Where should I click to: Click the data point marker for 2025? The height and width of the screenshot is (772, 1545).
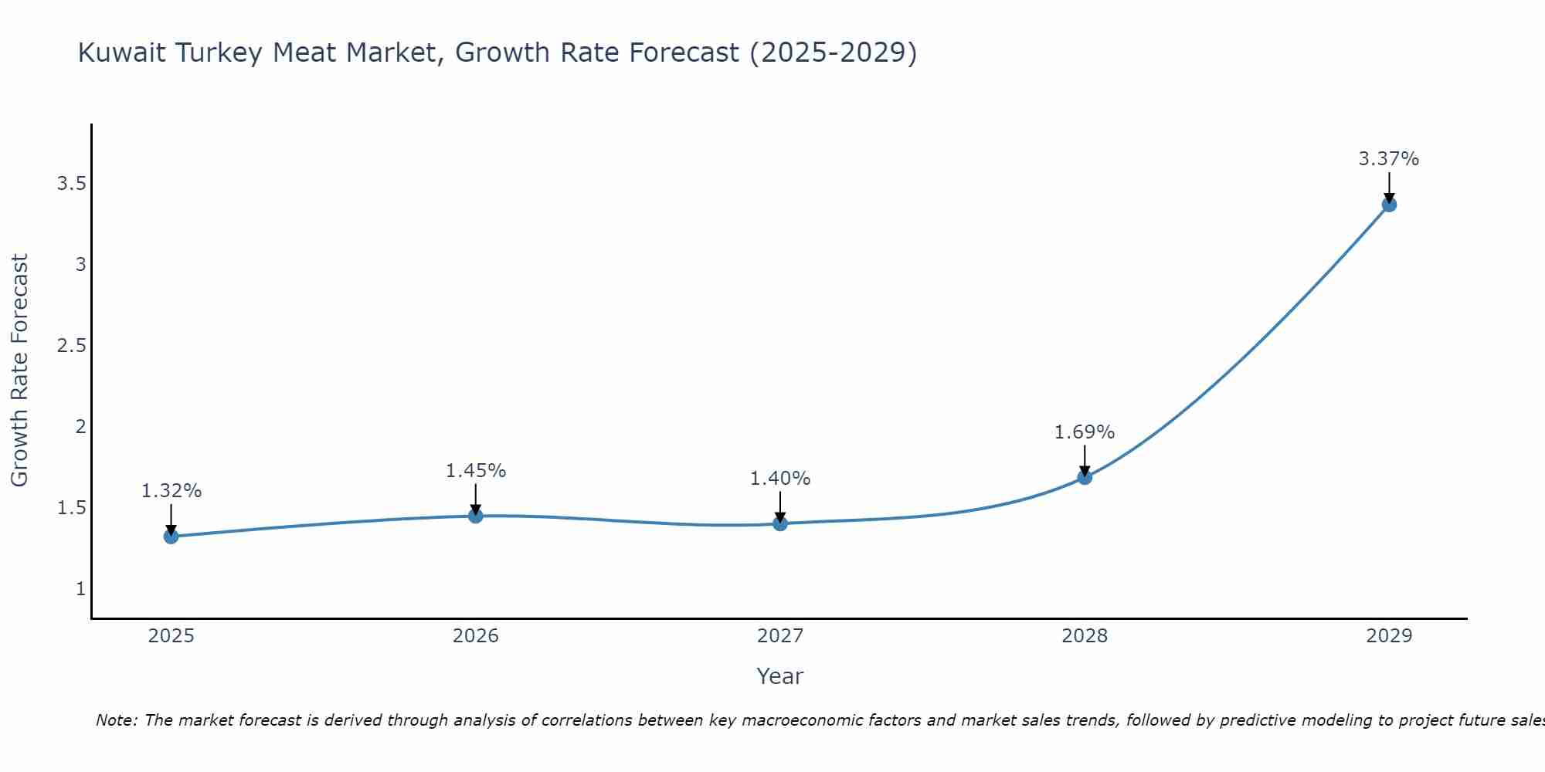[x=171, y=537]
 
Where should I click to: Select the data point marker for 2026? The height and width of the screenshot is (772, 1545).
[x=476, y=516]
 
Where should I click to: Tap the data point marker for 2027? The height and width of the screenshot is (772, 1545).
[x=780, y=523]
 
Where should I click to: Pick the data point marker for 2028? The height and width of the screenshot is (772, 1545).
[x=1085, y=477]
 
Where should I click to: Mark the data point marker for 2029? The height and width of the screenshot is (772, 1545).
[x=1389, y=205]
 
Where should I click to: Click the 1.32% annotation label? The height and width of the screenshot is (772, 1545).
[x=171, y=491]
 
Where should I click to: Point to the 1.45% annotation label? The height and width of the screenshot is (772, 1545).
[x=476, y=471]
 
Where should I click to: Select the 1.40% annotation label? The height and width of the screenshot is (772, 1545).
[x=780, y=479]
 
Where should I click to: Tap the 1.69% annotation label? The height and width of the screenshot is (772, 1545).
[x=1085, y=432]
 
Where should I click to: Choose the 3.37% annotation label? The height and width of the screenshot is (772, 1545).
[x=1389, y=159]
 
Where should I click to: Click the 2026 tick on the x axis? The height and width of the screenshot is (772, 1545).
[x=476, y=636]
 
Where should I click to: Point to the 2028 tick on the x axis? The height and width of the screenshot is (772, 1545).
[x=1085, y=636]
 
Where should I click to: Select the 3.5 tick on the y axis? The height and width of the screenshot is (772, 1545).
[x=71, y=184]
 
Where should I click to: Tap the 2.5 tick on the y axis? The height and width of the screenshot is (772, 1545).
[x=71, y=346]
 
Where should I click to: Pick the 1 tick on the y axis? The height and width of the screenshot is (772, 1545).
[x=80, y=589]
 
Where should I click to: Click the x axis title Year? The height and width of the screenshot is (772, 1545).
[x=780, y=676]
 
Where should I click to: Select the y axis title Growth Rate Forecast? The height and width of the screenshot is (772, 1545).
[x=20, y=371]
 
